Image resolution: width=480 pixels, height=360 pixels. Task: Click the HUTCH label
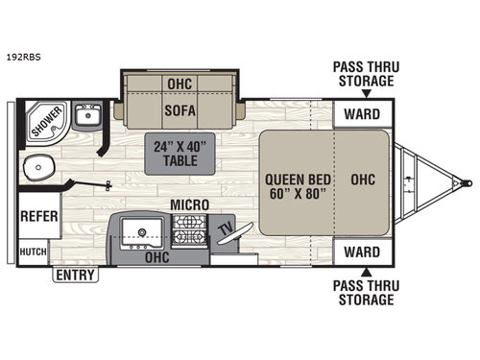33,252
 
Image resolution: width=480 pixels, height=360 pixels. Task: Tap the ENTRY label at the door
73,276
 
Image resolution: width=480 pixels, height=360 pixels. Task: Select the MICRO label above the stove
190,204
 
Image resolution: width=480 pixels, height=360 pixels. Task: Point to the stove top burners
189,232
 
